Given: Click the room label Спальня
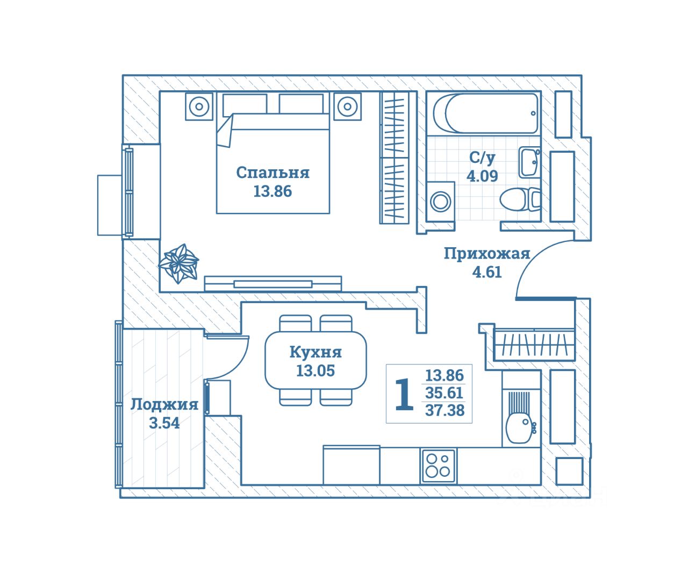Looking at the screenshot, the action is [x=273, y=173].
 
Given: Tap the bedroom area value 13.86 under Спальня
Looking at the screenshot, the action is [x=273, y=191].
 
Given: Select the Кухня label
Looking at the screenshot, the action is [x=316, y=352].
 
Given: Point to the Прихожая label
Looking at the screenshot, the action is [x=486, y=254].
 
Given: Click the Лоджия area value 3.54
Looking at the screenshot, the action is [x=164, y=423].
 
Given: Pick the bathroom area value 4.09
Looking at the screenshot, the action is [x=482, y=176].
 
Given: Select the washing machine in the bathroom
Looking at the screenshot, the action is [x=441, y=202].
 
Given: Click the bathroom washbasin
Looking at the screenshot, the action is [x=529, y=161].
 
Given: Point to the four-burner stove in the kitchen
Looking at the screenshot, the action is [x=438, y=465].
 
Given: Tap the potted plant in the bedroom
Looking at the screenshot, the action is [x=178, y=263].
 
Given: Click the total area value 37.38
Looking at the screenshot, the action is [x=445, y=411].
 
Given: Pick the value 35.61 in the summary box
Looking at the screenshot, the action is [x=444, y=393].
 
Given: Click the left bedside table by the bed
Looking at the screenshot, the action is [x=199, y=106].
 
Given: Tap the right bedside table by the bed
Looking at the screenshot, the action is [x=347, y=106].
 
